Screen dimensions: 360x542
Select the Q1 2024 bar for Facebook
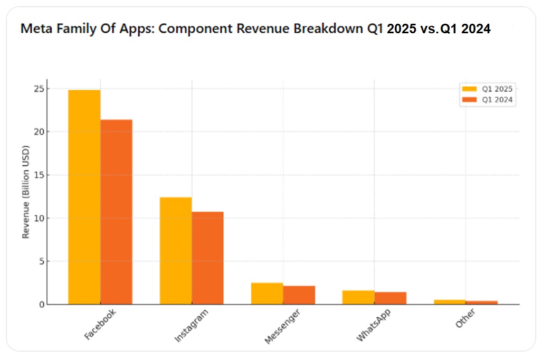[x=116, y=212]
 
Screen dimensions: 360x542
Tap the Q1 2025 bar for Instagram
[x=176, y=250]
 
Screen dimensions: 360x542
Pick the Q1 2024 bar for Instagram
[x=207, y=258]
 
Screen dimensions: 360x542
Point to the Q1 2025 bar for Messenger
[x=267, y=293]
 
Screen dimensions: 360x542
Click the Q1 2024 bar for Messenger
[x=299, y=295]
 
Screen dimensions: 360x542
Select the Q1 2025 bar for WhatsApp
[x=358, y=297]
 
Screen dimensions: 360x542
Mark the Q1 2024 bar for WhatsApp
[x=390, y=298]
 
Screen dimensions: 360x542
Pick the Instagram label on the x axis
[x=191, y=326]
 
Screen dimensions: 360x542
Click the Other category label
[x=465, y=319]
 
